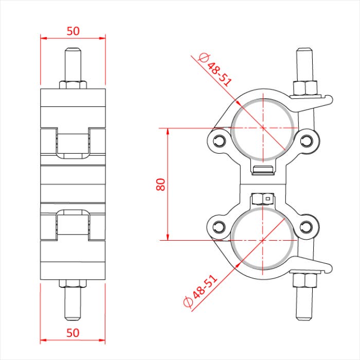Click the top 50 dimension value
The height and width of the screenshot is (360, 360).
(x=73, y=30)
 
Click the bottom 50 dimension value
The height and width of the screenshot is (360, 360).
(x=73, y=332)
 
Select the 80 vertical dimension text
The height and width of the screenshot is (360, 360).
(x=160, y=184)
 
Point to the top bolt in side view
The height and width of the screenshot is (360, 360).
(x=73, y=64)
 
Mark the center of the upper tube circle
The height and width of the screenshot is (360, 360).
(x=263, y=127)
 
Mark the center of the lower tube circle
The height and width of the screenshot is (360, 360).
(x=263, y=240)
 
